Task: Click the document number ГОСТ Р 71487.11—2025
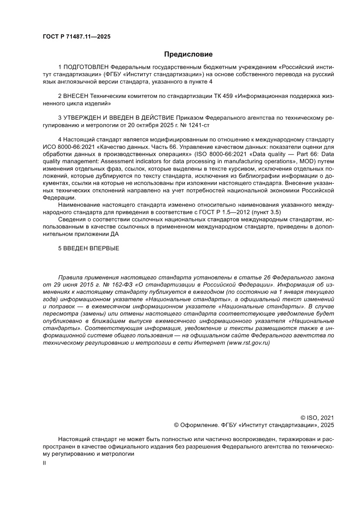[76, 37]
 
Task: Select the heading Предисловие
[188, 54]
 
